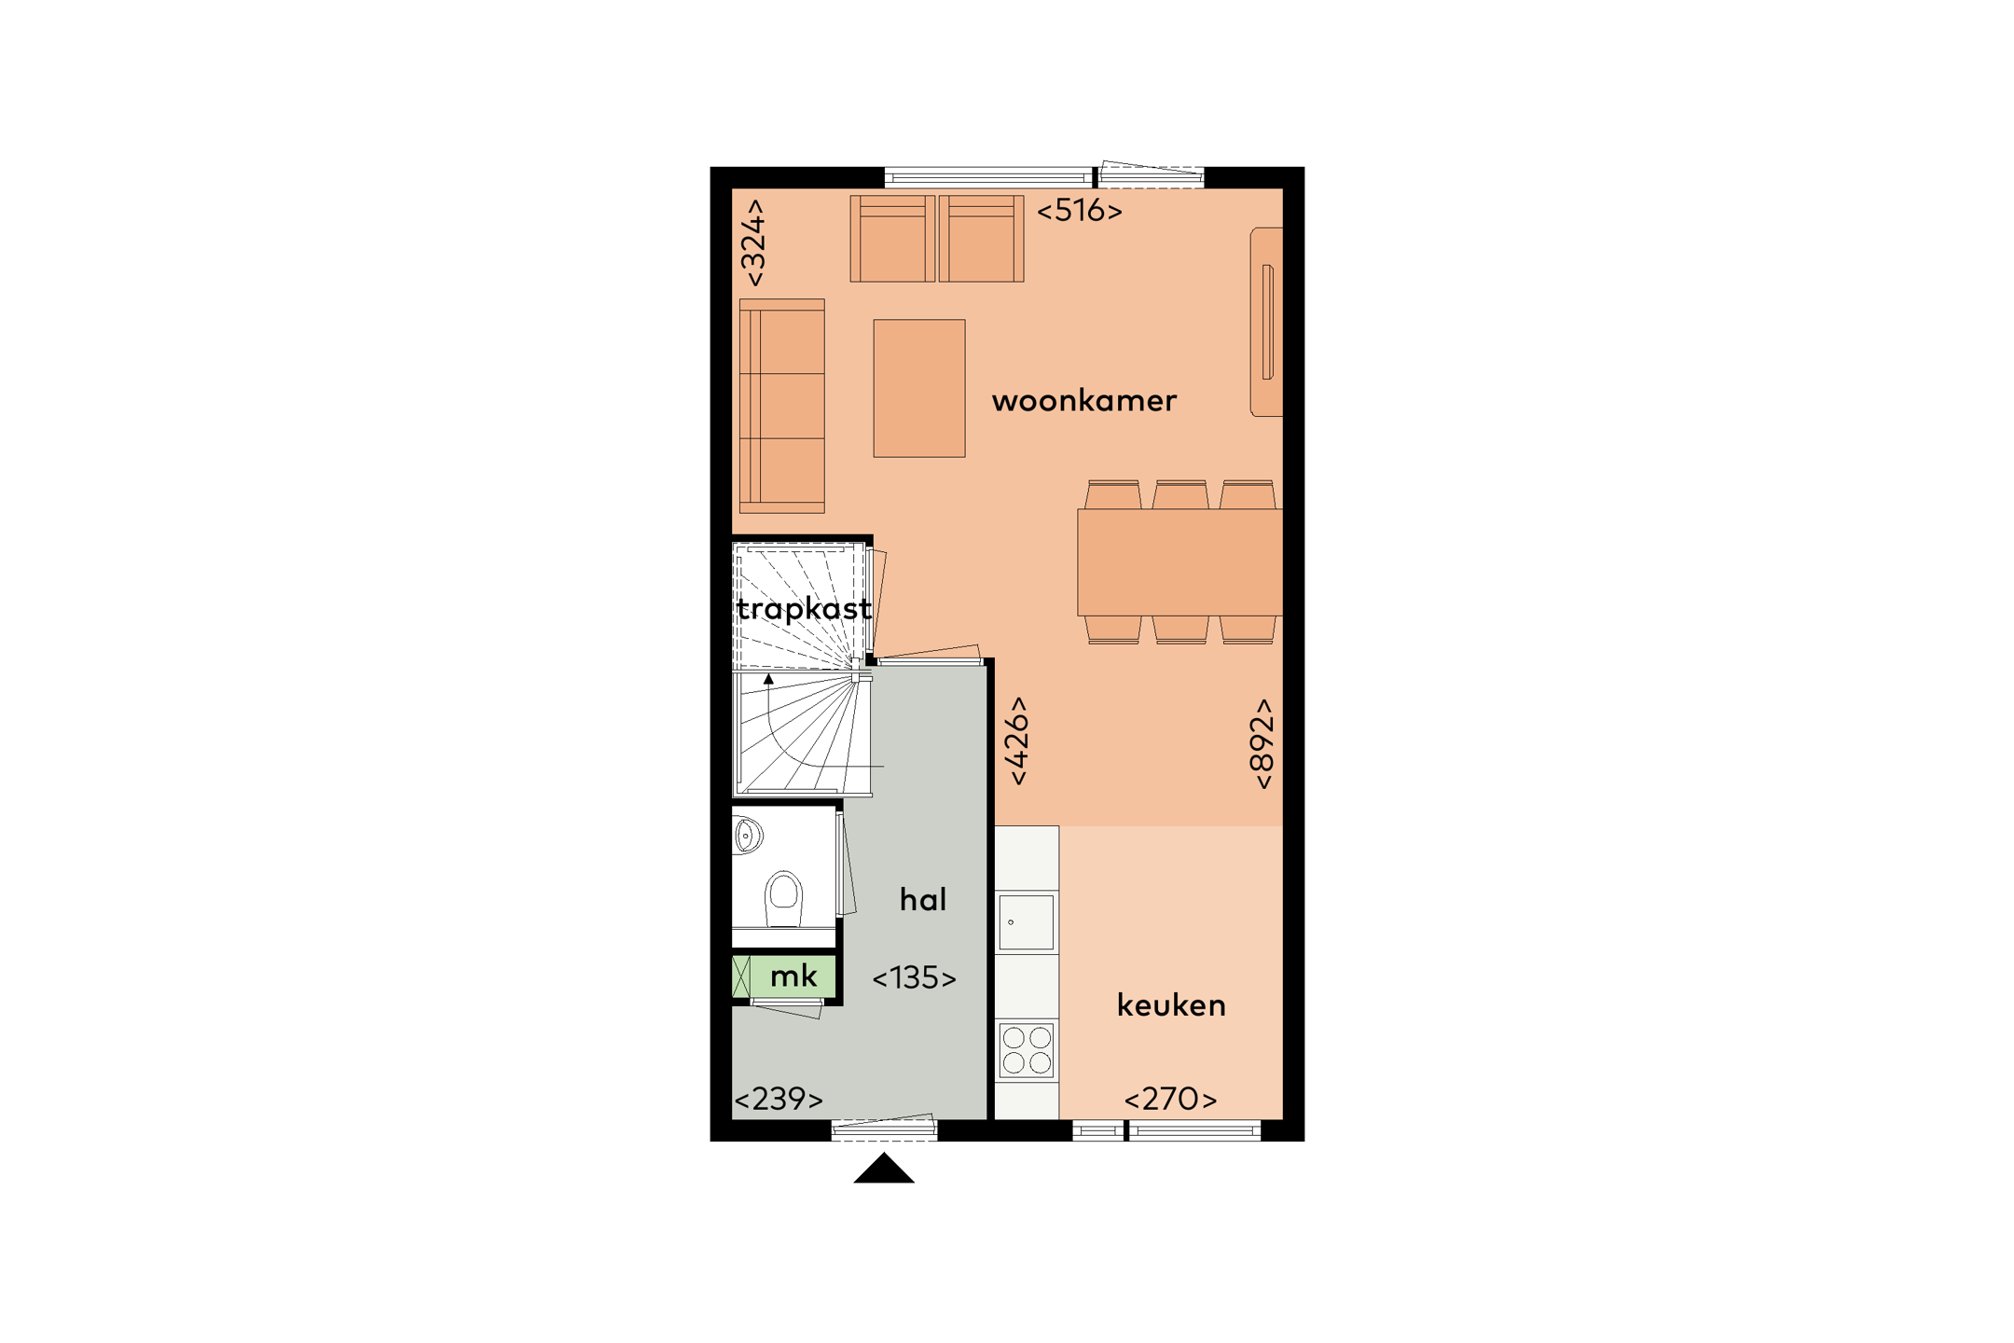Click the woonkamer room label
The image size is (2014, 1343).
coord(1083,401)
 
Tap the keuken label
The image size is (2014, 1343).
coord(1171,1005)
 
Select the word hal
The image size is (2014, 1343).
coord(922,899)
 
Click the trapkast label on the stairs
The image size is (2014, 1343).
coord(804,609)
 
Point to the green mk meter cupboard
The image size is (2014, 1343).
coord(793,976)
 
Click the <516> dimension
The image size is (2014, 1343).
coord(1079,211)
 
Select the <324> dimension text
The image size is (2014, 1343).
coord(753,242)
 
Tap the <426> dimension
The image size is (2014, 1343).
coord(1017,741)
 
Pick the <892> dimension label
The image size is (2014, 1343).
coord(1261,743)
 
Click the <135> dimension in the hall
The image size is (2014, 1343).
coord(914,978)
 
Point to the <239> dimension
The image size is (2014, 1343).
coord(779,1100)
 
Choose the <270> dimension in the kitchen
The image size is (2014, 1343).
coord(1170,1100)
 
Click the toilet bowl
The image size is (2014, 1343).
coord(784,896)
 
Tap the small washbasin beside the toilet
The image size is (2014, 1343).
coord(746,835)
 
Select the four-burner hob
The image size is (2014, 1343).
coord(1027,1050)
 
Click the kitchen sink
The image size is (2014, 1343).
coord(1026,922)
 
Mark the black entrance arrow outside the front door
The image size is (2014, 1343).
coord(884,1170)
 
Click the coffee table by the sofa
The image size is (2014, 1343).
coord(918,388)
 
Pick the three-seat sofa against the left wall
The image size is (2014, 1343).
coord(782,406)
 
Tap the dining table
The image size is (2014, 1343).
coord(1179,561)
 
